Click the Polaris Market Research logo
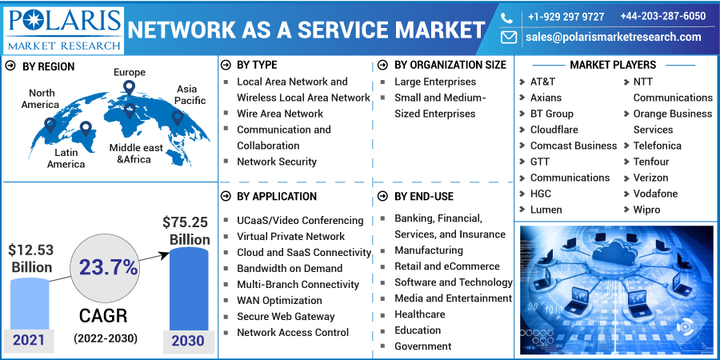coord(64,30)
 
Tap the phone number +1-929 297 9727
coord(566,17)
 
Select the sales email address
coord(614,37)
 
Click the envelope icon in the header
coord(509,37)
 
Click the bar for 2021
coord(30,304)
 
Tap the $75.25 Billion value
coord(186,230)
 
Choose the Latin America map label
coord(66,158)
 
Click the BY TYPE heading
coord(257,66)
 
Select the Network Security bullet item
coord(277,162)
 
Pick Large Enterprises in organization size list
coord(435,82)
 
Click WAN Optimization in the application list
coord(279,300)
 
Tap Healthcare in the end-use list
coord(420,314)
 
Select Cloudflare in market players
coord(554,130)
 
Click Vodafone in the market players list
coord(655,194)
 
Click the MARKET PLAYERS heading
coord(613,66)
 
